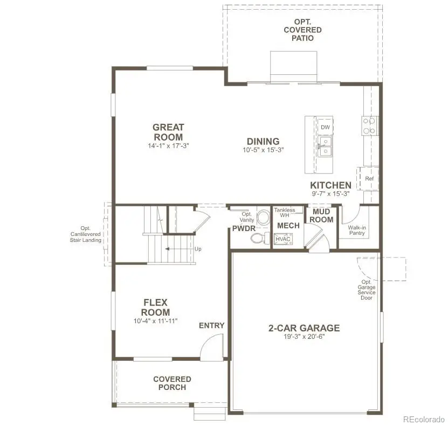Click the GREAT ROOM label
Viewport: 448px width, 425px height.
pos(168,132)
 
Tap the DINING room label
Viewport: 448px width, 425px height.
pos(263,142)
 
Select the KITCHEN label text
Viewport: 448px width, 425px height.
pos(330,185)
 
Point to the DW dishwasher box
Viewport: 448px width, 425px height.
pos(325,127)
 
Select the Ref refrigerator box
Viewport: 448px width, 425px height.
pos(369,179)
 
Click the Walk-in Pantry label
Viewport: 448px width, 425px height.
pos(357,231)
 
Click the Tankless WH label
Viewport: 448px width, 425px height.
pos(285,213)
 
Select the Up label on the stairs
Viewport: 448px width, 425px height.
pos(198,249)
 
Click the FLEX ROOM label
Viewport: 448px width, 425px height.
pos(156,307)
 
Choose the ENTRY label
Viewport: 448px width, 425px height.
pos(211,325)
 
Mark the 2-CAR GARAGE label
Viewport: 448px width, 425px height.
pos(304,328)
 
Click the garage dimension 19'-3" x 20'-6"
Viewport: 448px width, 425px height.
pos(304,337)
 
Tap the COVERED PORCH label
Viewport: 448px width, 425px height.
pos(172,383)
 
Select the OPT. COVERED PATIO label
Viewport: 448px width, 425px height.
pos(302,30)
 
